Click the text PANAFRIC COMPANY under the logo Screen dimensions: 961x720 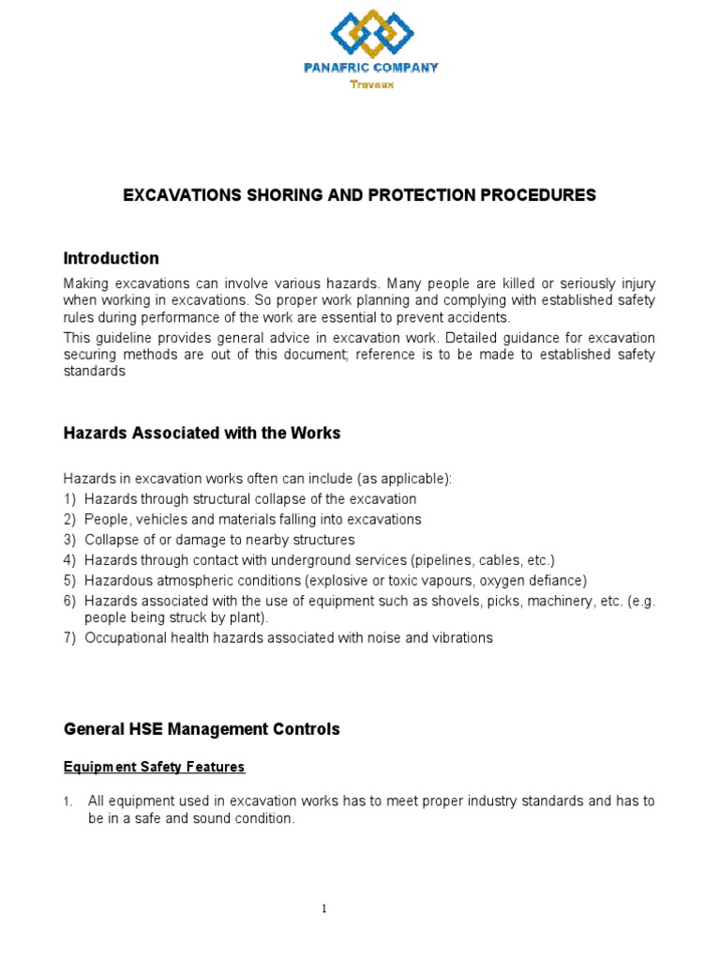tap(371, 68)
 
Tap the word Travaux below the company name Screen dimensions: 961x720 tap(372, 84)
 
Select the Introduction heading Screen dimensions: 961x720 tap(111, 258)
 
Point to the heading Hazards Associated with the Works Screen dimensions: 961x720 tap(202, 433)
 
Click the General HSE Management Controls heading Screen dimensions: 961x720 tap(202, 728)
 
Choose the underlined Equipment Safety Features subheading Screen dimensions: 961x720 tap(154, 767)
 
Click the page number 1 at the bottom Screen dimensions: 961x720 tap(323, 908)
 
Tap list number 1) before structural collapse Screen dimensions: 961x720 tap(69, 499)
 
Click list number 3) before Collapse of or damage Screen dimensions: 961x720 tap(69, 540)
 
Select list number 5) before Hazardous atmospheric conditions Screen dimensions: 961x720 tap(69, 581)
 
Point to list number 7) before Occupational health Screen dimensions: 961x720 tap(69, 638)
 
